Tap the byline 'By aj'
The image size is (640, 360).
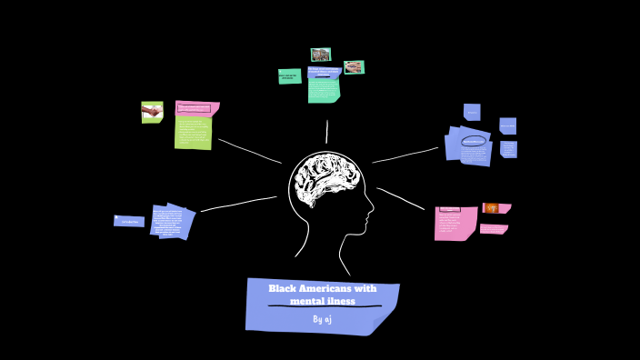click(323, 319)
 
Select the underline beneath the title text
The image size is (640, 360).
click(324, 307)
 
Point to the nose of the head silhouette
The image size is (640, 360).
click(372, 215)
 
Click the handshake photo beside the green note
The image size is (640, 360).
click(152, 112)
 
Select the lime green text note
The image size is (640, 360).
click(193, 133)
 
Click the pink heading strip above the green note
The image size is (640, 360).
click(195, 108)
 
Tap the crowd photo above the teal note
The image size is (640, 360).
click(320, 55)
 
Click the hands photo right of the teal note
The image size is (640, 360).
click(354, 67)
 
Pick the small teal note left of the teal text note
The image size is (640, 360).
click(289, 76)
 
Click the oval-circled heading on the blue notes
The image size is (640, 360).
click(474, 142)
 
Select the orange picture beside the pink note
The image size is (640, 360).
click(491, 208)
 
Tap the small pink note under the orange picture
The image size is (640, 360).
click(493, 229)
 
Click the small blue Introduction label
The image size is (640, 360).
click(129, 221)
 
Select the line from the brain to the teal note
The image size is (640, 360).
click(326, 132)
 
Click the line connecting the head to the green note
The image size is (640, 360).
click(250, 152)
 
